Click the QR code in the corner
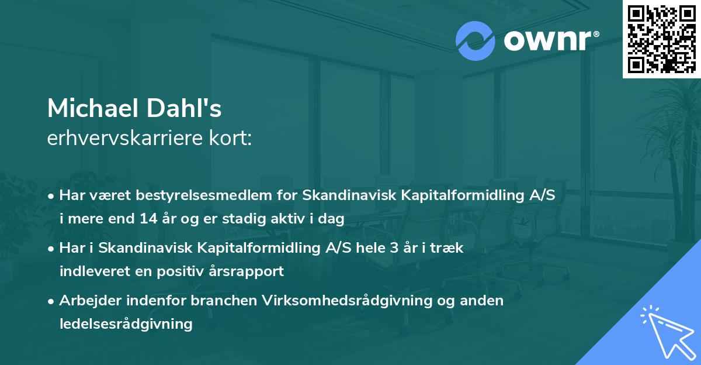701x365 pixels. (x=661, y=39)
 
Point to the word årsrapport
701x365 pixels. (x=248, y=271)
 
